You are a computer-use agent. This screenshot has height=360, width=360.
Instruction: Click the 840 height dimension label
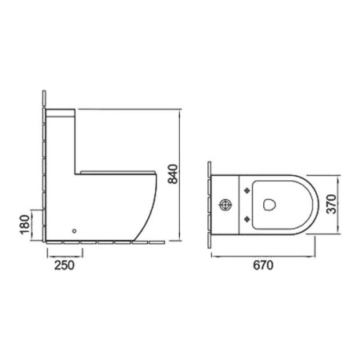click(x=173, y=174)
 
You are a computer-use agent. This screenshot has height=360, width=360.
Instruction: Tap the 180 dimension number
click(x=25, y=224)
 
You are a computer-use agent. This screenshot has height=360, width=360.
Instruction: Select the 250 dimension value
click(x=64, y=266)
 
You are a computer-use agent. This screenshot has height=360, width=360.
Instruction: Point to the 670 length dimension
click(x=263, y=266)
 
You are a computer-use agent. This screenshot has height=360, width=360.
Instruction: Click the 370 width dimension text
click(x=332, y=204)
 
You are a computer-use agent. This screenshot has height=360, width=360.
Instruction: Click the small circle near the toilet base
click(x=74, y=231)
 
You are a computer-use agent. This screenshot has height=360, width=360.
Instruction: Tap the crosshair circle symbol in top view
click(x=226, y=205)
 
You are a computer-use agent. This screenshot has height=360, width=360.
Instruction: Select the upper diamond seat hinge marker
click(x=247, y=190)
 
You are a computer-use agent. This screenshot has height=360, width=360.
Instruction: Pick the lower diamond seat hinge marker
click(x=247, y=219)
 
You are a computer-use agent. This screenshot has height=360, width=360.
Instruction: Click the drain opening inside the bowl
click(x=270, y=205)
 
